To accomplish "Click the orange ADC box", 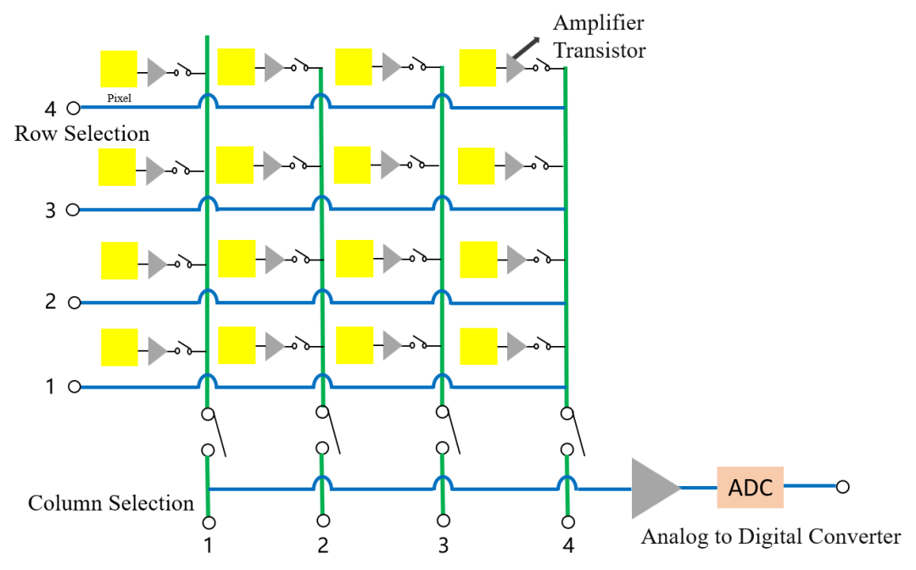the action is pyautogui.click(x=750, y=487).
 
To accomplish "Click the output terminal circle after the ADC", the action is pyautogui.click(x=842, y=487).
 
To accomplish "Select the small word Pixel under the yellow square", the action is pyautogui.click(x=120, y=98).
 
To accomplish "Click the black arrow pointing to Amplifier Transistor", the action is pyautogui.click(x=527, y=47).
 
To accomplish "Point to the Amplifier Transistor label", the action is pyautogui.click(x=600, y=36).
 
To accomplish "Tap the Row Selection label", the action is pyautogui.click(x=81, y=134).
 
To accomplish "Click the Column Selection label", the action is pyautogui.click(x=111, y=503).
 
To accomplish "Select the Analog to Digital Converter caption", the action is pyautogui.click(x=771, y=536).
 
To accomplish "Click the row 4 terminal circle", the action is pyautogui.click(x=73, y=108).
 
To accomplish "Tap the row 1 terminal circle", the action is pyautogui.click(x=74, y=387).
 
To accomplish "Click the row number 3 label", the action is pyautogui.click(x=51, y=210).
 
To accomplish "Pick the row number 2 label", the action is pyautogui.click(x=51, y=302).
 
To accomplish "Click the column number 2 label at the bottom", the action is pyautogui.click(x=323, y=545).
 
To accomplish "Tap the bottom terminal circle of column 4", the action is pyautogui.click(x=567, y=522).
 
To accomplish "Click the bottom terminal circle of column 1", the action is pyautogui.click(x=209, y=522).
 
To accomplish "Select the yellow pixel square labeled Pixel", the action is pyautogui.click(x=119, y=69).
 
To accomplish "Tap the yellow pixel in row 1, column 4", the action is pyautogui.click(x=479, y=346).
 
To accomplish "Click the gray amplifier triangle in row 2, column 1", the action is pyautogui.click(x=158, y=264).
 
